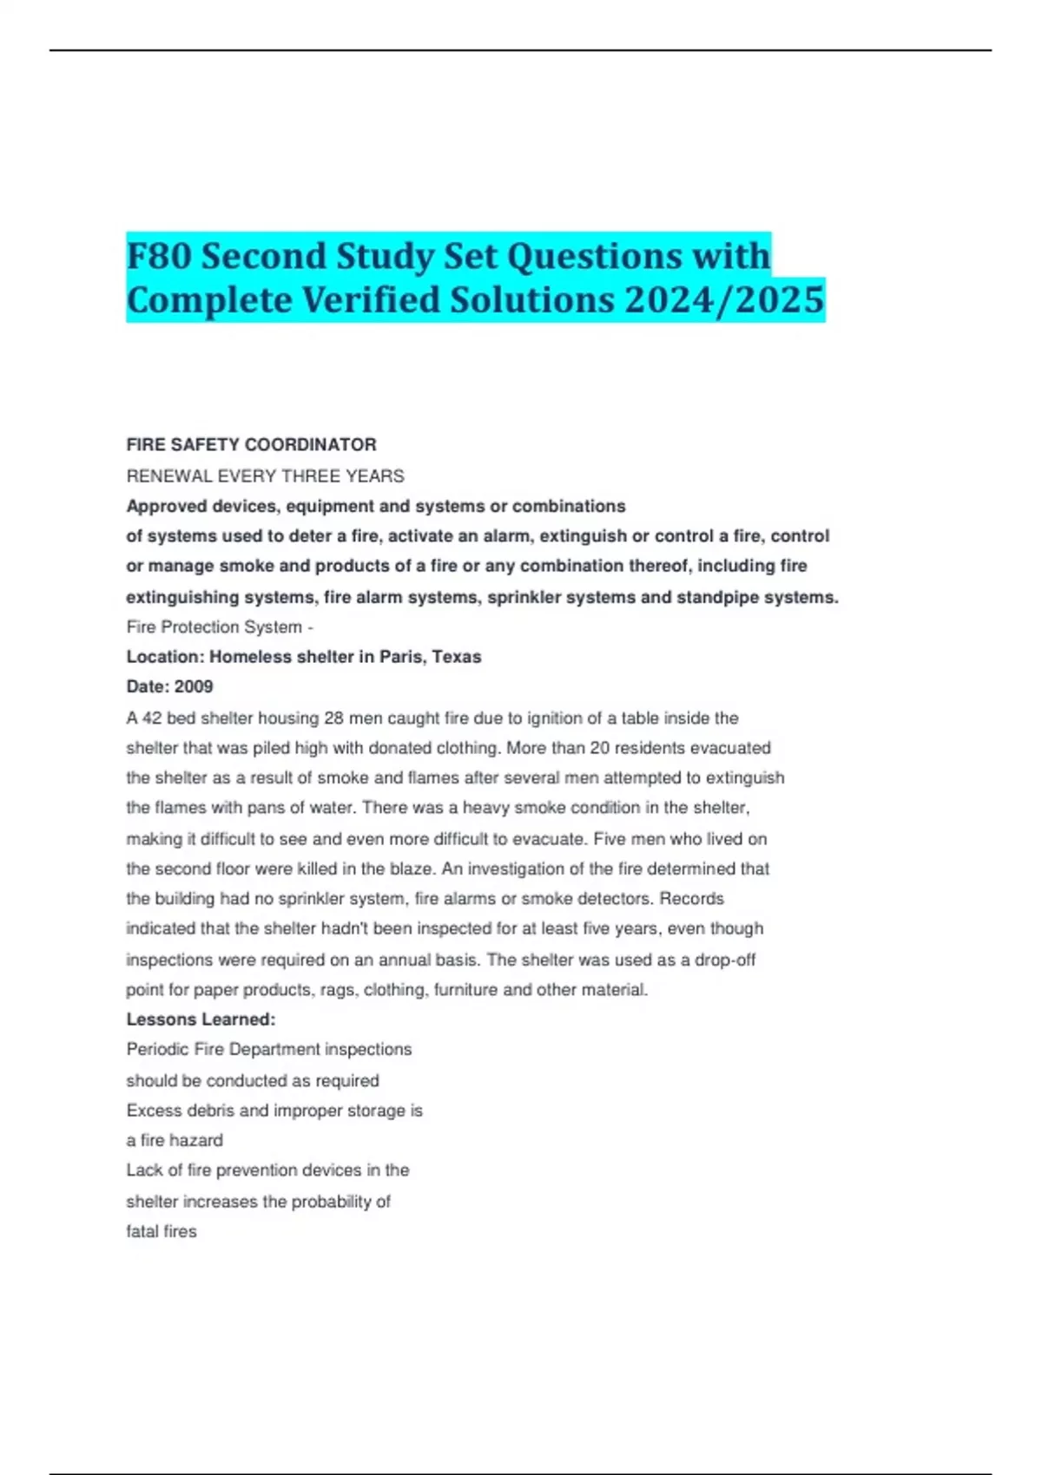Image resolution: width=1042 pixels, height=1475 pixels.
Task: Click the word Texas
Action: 457,657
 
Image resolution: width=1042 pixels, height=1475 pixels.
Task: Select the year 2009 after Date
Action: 194,686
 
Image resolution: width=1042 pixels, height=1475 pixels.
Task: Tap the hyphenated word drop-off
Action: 725,960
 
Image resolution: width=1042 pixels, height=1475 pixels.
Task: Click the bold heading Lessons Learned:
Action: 201,1019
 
